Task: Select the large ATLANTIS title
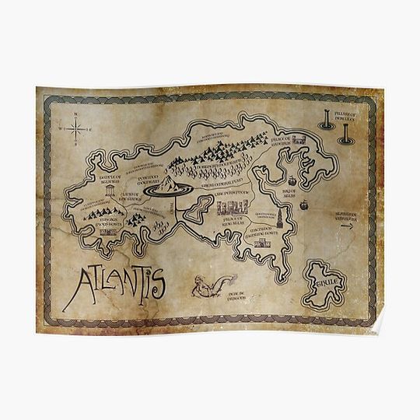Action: click(x=115, y=286)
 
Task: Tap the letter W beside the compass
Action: click(x=61, y=130)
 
